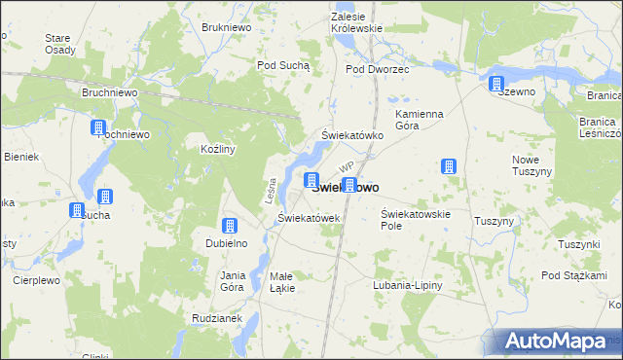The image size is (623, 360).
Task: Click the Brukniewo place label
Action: click(226, 28)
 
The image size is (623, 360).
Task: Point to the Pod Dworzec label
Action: click(378, 70)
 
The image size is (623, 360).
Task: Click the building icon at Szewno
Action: click(497, 84)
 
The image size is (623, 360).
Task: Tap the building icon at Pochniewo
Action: click(98, 127)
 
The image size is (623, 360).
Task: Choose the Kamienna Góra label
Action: click(420, 120)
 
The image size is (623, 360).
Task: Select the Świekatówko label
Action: click(352, 135)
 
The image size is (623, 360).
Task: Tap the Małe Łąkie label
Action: click(282, 281)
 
